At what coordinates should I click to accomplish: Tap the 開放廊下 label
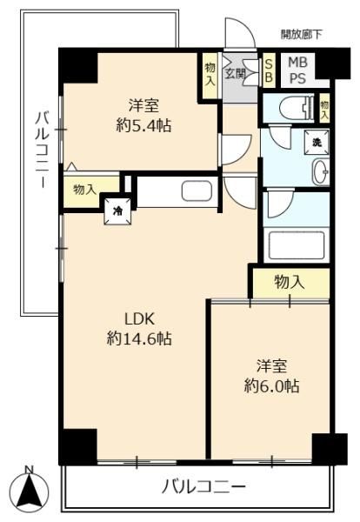(x=302, y=34)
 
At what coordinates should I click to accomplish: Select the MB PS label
(x=297, y=70)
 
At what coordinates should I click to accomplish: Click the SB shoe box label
(x=269, y=71)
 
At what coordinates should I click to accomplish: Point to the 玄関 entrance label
(x=236, y=73)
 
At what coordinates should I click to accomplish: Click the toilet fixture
(x=297, y=108)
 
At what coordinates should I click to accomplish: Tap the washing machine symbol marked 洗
(x=317, y=142)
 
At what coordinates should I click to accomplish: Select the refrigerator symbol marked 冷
(x=117, y=211)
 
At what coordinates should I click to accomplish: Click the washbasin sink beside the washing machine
(x=321, y=171)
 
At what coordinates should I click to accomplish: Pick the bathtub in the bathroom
(x=297, y=245)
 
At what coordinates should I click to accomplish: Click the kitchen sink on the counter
(x=197, y=191)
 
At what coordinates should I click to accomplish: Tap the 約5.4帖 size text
(x=143, y=126)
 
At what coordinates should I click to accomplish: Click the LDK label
(x=139, y=319)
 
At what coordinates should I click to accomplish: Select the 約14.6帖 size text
(x=139, y=339)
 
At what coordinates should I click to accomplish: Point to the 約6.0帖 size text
(x=271, y=386)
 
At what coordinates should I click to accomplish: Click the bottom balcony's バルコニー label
(x=203, y=488)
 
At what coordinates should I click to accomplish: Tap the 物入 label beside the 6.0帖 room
(x=290, y=283)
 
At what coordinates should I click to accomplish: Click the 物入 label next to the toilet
(x=324, y=110)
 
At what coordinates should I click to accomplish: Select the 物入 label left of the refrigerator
(x=84, y=191)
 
